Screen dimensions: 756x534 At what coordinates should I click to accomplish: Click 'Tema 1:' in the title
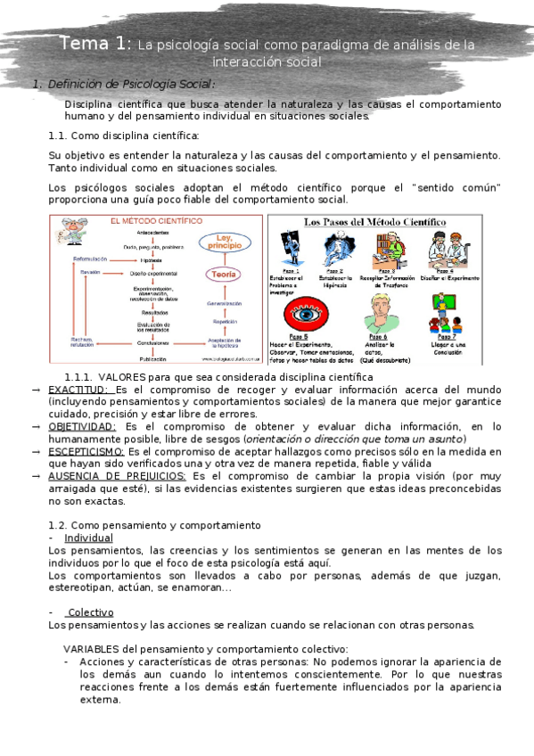click(x=96, y=44)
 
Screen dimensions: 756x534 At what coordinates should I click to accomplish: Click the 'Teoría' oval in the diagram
click(x=224, y=275)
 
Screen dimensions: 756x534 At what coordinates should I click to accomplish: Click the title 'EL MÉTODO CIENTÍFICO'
click(x=149, y=220)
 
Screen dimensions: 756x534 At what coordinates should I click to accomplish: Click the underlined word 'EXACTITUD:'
click(x=78, y=390)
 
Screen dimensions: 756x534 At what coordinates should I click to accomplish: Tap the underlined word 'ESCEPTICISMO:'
click(x=86, y=451)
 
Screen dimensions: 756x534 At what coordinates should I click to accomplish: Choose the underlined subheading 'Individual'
click(x=88, y=538)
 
